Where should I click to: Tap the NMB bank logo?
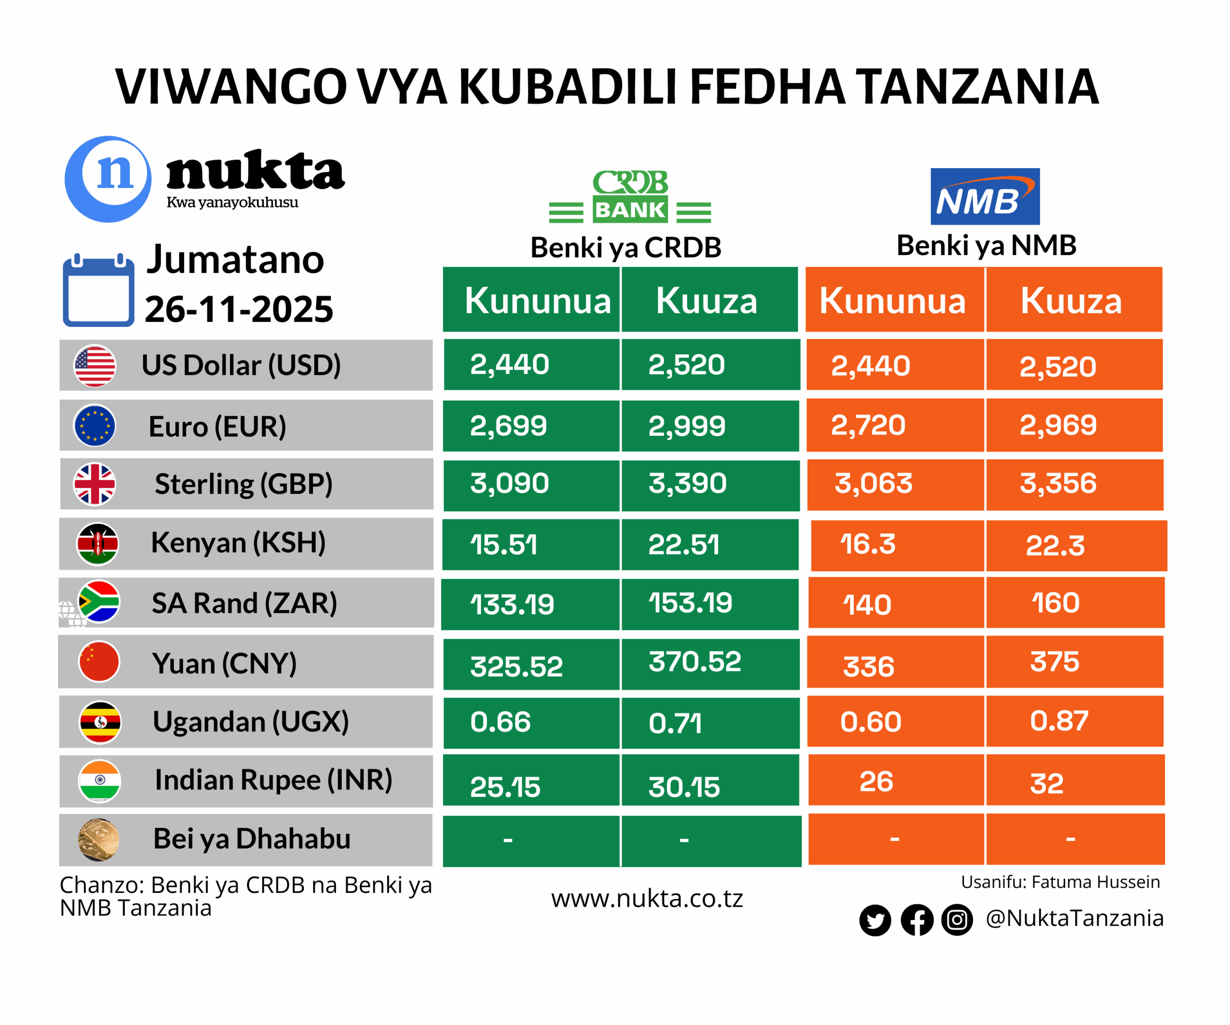pyautogui.click(x=984, y=197)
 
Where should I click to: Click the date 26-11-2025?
pyautogui.click(x=239, y=309)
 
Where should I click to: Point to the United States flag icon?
pyautogui.click(x=95, y=366)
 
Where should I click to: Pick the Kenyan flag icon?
pyautogui.click(x=98, y=543)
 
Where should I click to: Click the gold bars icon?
pyautogui.click(x=98, y=840)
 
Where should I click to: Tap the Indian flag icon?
pyautogui.click(x=99, y=781)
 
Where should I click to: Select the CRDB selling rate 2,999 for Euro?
pyautogui.click(x=687, y=426)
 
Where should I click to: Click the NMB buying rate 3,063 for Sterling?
pyautogui.click(x=873, y=484)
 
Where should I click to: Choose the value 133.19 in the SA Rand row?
pyautogui.click(x=512, y=605)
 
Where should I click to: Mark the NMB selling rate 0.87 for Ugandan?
pyautogui.click(x=1059, y=721)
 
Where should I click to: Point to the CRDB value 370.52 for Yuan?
pyautogui.click(x=695, y=662)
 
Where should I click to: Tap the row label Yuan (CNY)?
pyautogui.click(x=224, y=664)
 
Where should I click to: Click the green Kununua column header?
pyautogui.click(x=537, y=301)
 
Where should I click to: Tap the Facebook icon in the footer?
pyautogui.click(x=917, y=920)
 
